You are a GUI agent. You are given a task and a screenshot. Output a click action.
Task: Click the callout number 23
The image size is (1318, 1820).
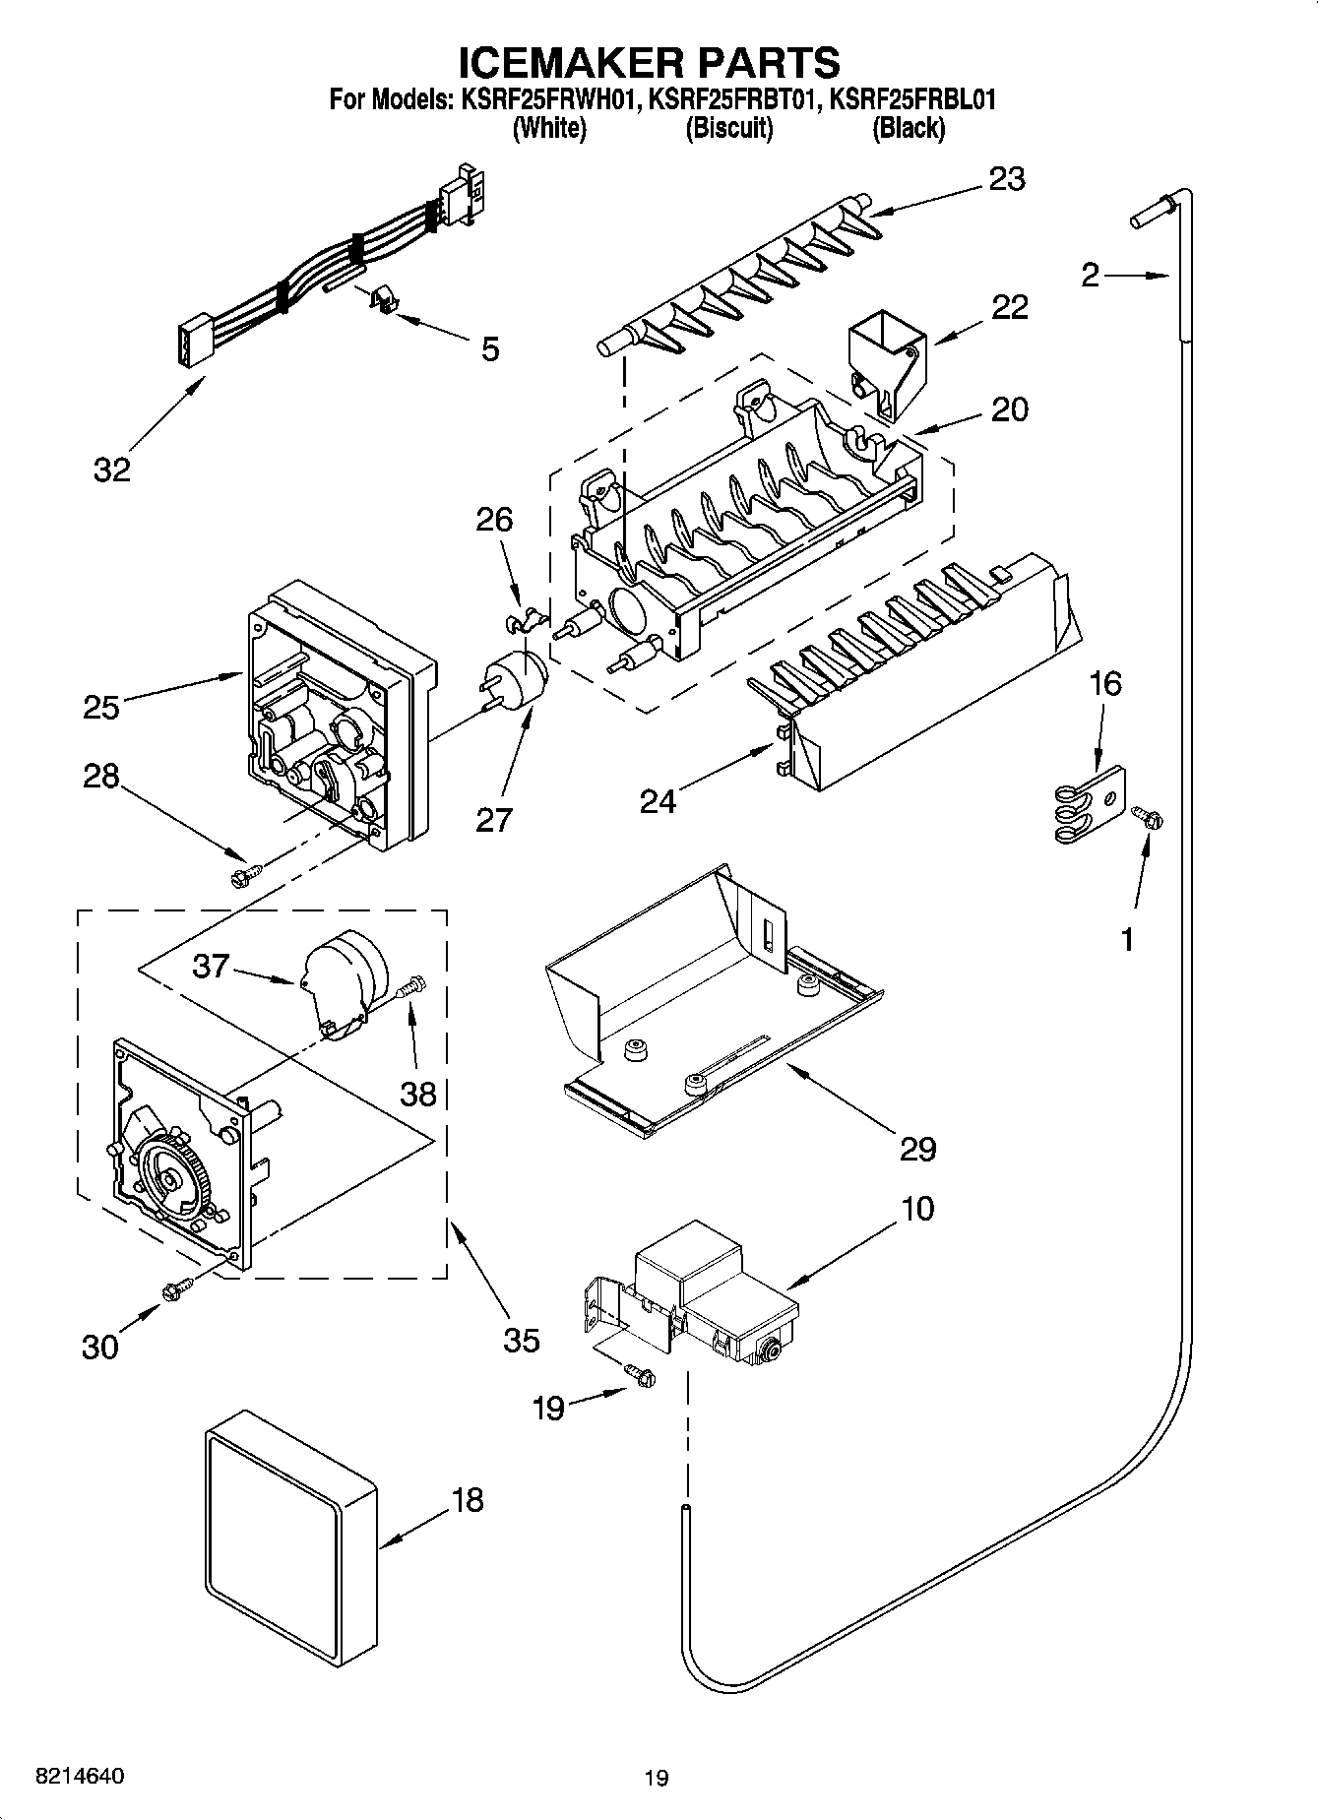(x=1007, y=179)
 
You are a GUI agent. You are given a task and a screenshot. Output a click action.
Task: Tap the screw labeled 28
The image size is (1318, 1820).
(x=245, y=874)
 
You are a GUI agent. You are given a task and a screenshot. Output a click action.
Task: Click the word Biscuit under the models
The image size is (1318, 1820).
(x=728, y=128)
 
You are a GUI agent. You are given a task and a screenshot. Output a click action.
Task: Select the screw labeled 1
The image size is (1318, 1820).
(x=1148, y=816)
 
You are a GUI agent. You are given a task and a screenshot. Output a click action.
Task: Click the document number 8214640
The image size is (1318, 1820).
(x=79, y=1777)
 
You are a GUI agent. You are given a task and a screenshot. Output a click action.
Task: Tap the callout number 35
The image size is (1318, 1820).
(x=522, y=1340)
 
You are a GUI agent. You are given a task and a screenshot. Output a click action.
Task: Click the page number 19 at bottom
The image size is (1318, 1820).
(x=657, y=1778)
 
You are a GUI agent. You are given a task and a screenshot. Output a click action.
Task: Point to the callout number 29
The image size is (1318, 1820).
(x=917, y=1148)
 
